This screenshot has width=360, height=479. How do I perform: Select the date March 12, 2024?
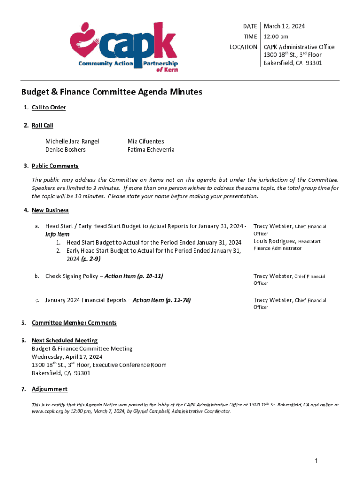284,26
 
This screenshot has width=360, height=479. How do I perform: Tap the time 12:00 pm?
276,36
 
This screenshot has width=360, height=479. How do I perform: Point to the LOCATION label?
243,47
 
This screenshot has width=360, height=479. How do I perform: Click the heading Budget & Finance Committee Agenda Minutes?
111,92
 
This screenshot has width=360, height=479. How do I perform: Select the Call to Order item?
49,108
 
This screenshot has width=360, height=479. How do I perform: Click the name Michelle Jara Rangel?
72,141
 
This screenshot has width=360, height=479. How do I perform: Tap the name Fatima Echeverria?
151,150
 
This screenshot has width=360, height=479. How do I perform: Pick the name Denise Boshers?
65,150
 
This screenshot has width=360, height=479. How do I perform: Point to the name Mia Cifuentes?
145,141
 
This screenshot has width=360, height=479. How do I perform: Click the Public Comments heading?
55,166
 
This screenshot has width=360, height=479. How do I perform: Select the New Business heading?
50,210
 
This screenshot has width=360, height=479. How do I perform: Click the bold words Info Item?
57,234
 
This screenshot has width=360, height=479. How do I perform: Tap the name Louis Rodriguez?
275,241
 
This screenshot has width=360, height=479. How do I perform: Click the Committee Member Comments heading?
74,323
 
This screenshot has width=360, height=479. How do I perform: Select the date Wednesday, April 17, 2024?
67,357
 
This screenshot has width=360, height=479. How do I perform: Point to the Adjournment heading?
50,389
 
